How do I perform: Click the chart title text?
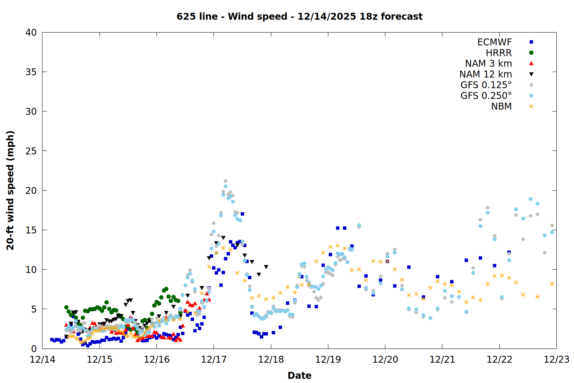(x=299, y=16)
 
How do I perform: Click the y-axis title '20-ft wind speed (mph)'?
(x=10, y=190)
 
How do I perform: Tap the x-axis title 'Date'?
(x=299, y=375)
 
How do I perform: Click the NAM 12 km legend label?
(x=486, y=74)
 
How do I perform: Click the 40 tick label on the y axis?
(x=31, y=33)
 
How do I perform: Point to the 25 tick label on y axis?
(x=31, y=151)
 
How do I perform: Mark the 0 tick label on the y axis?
(x=34, y=349)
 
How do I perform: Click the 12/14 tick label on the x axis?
(x=42, y=360)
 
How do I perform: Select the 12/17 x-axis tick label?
(x=214, y=360)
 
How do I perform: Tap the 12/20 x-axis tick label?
(x=385, y=360)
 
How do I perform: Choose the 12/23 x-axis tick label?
(x=556, y=360)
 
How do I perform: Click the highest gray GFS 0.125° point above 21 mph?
(x=225, y=181)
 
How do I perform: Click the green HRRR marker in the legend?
(x=531, y=53)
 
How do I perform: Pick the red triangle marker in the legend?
(x=531, y=64)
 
